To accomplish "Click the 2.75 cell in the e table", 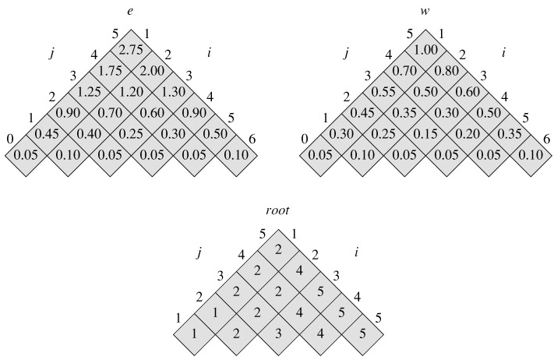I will (x=130, y=48).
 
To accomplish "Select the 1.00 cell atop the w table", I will (x=425, y=48).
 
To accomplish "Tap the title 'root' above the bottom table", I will (x=278, y=210).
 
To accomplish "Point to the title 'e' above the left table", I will (x=130, y=10).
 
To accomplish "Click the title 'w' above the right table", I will (x=425, y=10).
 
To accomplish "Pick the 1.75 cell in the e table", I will (x=111, y=69).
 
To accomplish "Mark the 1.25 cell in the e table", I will (x=90, y=90).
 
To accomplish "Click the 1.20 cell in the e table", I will (x=130, y=90).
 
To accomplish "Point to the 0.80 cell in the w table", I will (x=446, y=69).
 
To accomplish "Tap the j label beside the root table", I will (x=199, y=252).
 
